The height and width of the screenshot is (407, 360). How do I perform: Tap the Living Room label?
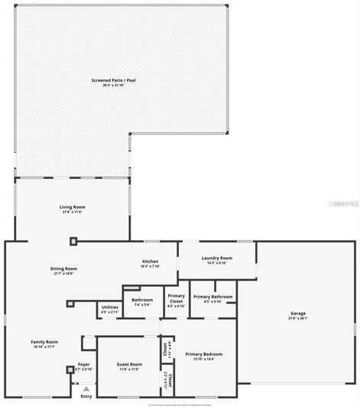pyautogui.click(x=73, y=207)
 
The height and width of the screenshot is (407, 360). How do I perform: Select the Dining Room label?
pyautogui.click(x=63, y=269)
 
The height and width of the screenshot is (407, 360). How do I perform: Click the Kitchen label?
pyautogui.click(x=150, y=262)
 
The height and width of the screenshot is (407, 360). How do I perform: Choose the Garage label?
pyautogui.click(x=297, y=313)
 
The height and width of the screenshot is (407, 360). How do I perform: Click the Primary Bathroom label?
pyautogui.click(x=212, y=296)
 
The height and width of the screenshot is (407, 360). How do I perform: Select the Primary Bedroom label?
pyautogui.click(x=204, y=354)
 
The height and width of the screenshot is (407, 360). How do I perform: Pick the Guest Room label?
pyautogui.click(x=129, y=364)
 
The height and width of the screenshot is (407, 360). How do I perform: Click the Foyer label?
pyautogui.click(x=84, y=365)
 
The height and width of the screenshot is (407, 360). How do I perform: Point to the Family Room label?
pyautogui.click(x=44, y=341)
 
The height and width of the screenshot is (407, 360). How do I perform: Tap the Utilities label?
pyautogui.click(x=109, y=308)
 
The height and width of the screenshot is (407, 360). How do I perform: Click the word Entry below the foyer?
pyautogui.click(x=86, y=396)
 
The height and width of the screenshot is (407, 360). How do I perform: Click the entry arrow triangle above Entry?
pyautogui.click(x=86, y=389)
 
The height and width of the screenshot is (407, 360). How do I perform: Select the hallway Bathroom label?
pyautogui.click(x=142, y=300)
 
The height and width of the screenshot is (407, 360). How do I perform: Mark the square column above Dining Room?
pyautogui.click(x=73, y=242)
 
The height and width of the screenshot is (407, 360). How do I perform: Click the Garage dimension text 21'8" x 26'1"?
pyautogui.click(x=297, y=317)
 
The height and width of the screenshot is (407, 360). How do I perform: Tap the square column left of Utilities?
pyautogui.click(x=70, y=303)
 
